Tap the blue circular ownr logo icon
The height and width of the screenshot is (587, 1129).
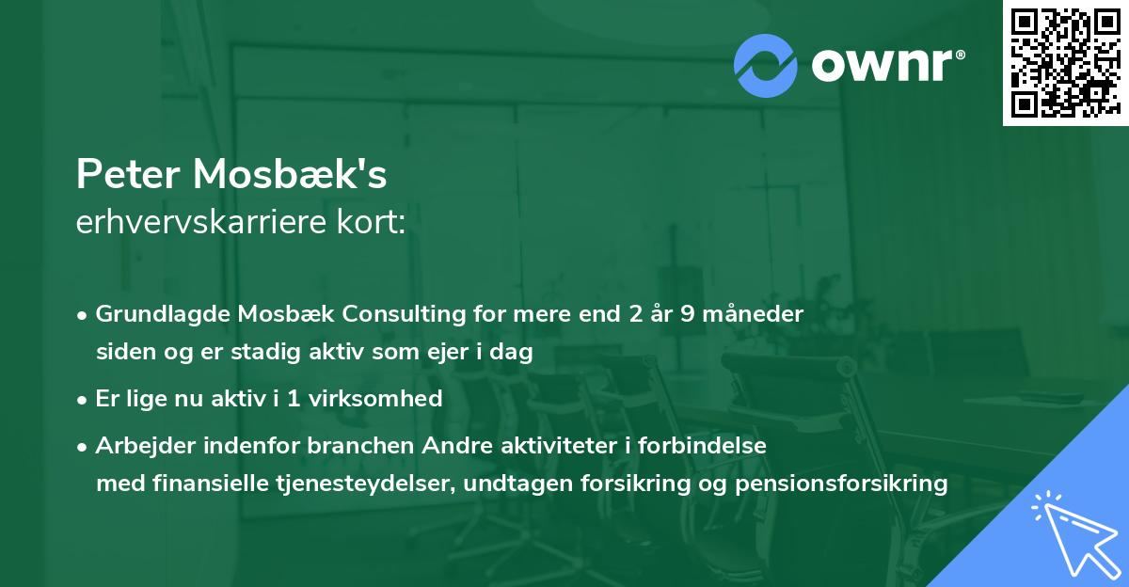tap(766, 64)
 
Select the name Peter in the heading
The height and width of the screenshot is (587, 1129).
tap(129, 174)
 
